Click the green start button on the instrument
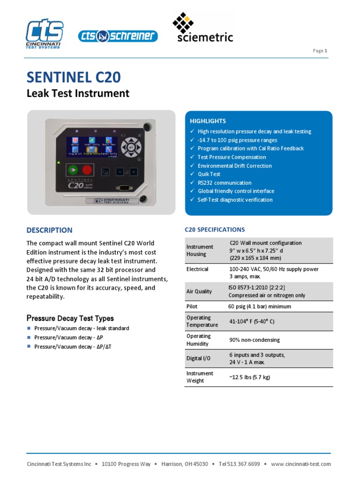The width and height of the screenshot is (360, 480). (72, 170)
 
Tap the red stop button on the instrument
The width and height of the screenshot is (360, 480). (87, 170)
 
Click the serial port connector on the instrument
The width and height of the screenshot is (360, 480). (125, 187)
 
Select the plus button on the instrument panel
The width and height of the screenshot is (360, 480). (134, 172)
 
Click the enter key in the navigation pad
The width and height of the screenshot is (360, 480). (131, 147)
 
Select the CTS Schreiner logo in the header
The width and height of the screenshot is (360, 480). (118, 36)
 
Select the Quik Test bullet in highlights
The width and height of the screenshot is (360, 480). (209, 174)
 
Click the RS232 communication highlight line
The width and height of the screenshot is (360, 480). (224, 183)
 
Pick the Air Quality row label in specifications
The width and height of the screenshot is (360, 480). (199, 291)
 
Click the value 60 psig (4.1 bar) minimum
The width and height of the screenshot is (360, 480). (260, 307)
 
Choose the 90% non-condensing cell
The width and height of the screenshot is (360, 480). (254, 340)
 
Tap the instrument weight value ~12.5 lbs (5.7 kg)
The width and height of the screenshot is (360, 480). (249, 377)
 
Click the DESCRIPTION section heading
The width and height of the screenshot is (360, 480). (49, 230)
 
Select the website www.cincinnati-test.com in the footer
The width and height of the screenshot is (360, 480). (301, 464)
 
